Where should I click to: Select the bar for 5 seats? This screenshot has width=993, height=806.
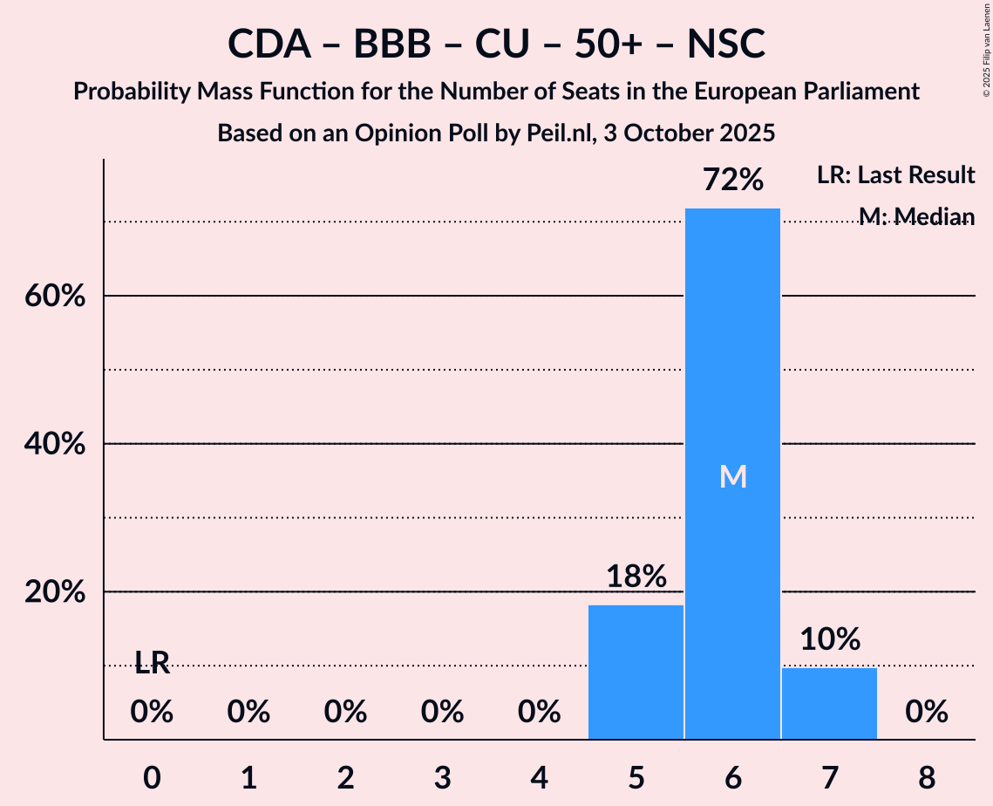click(636, 672)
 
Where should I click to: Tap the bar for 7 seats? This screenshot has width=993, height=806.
click(829, 703)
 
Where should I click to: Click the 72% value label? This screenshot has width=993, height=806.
click(733, 181)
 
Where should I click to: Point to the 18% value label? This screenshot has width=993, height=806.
click(636, 576)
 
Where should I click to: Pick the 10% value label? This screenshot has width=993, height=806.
click(830, 639)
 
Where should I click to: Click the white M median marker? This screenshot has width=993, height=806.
click(733, 476)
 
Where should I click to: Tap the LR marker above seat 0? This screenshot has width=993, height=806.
click(152, 663)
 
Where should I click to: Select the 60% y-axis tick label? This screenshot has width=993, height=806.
click(55, 297)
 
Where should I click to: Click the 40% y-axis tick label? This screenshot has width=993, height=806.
click(55, 444)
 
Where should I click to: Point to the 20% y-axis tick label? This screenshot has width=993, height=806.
click(55, 592)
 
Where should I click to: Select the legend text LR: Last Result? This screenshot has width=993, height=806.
click(895, 175)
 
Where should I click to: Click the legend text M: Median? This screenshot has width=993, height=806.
click(916, 215)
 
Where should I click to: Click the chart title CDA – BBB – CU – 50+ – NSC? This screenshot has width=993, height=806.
click(496, 44)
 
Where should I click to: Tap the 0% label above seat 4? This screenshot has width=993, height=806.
click(539, 713)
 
